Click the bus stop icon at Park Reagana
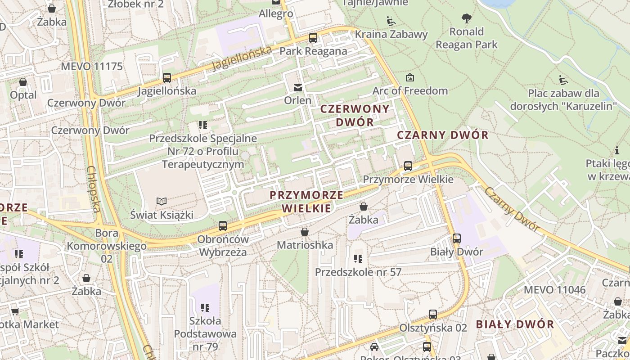[313, 38]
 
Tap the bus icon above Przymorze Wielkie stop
[408, 166]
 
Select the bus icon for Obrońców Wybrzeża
[223, 226]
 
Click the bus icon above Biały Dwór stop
[457, 238]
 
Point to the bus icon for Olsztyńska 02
[433, 315]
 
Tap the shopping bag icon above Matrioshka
[305, 232]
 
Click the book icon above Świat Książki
[161, 201]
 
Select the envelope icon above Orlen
[298, 87]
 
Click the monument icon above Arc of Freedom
[410, 77]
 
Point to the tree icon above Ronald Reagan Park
[467, 18]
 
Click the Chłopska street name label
[93, 189]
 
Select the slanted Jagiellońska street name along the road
[242, 58]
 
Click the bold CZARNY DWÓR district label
[443, 135]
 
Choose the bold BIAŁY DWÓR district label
[515, 324]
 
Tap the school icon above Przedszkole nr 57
[358, 259]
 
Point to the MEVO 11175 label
[92, 67]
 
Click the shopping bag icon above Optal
[23, 82]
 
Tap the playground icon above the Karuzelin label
[563, 80]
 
